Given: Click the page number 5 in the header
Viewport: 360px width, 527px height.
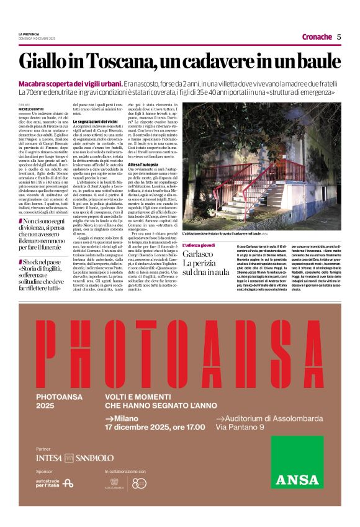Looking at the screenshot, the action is [x=339, y=37].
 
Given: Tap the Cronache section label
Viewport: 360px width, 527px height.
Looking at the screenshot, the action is [x=317, y=37].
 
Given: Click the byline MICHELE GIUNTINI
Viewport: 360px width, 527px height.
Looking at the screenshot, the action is [x=32, y=108].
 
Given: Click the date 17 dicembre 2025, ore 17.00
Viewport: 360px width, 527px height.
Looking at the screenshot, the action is [x=155, y=427].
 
